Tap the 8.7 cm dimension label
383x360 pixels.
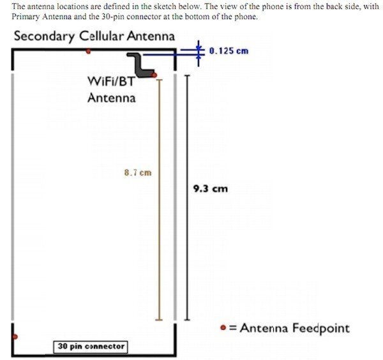(139, 172)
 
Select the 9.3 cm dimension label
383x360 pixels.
(211, 188)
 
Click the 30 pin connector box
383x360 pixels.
(90, 347)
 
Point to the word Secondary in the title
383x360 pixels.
(44, 36)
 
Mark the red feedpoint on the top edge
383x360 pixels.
(88, 51)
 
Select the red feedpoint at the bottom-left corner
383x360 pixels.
(13, 336)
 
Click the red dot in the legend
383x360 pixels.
(222, 328)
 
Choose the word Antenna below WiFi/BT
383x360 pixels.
(111, 98)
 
